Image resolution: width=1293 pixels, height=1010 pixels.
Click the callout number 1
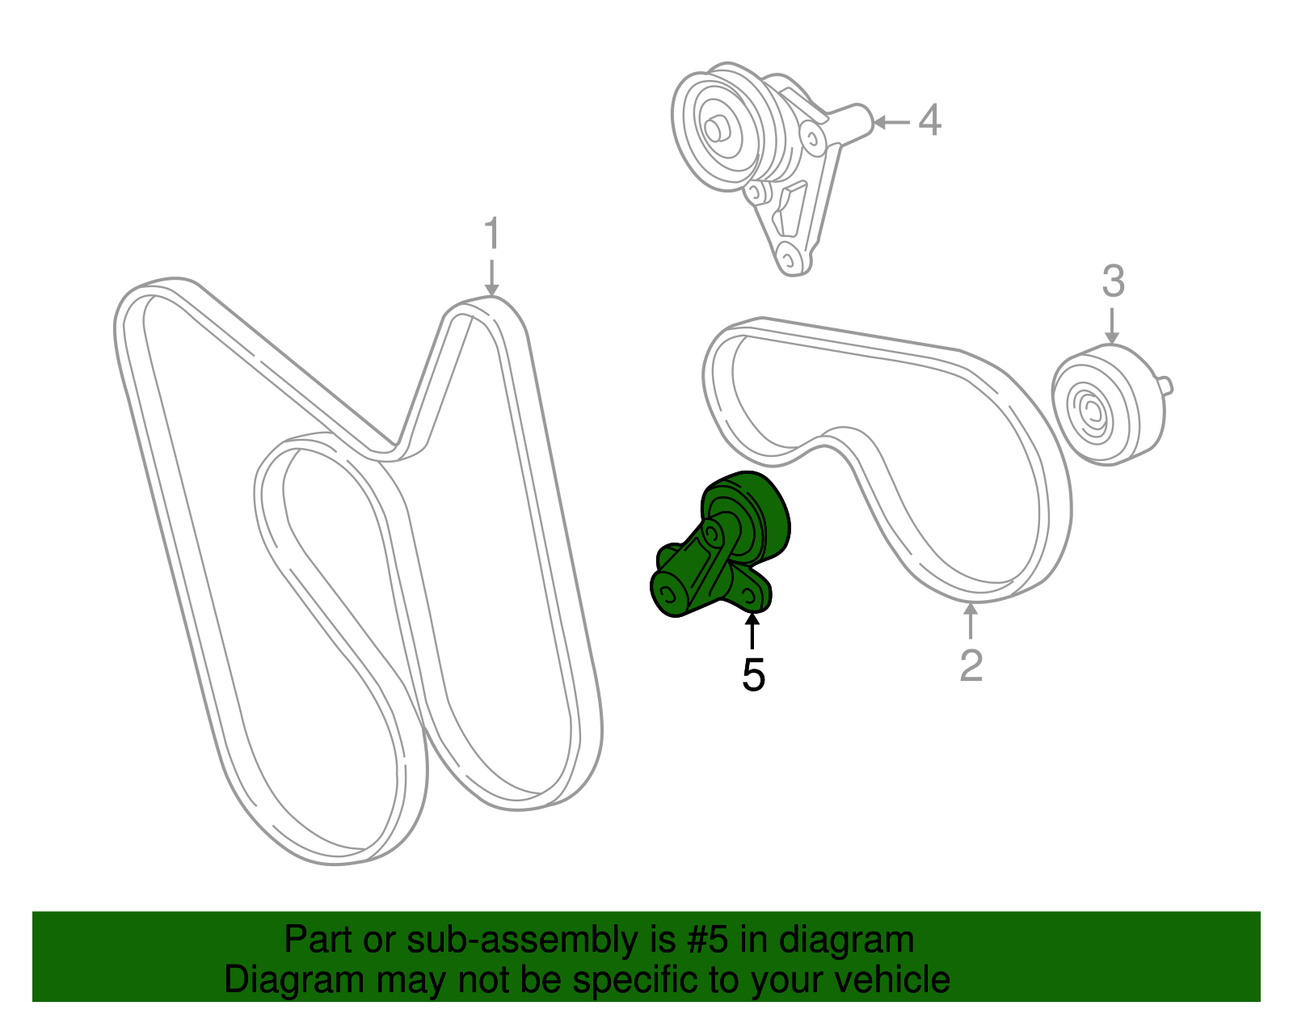pyautogui.click(x=492, y=235)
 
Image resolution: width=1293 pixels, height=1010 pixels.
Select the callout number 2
pyautogui.click(x=971, y=665)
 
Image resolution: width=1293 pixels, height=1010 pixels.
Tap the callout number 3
pyautogui.click(x=1113, y=281)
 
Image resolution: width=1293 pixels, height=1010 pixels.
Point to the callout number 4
pyautogui.click(x=930, y=120)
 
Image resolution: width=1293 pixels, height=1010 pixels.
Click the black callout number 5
pyautogui.click(x=753, y=674)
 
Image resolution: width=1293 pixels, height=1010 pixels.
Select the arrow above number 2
pyautogui.click(x=971, y=621)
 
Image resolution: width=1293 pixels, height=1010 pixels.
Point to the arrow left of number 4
pyautogui.click(x=892, y=123)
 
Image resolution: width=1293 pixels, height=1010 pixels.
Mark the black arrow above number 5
pyautogui.click(x=752, y=631)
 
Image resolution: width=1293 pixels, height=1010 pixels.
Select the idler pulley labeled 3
pyautogui.click(x=1107, y=404)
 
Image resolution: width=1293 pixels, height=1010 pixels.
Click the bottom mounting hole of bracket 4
pyautogui.click(x=788, y=259)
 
